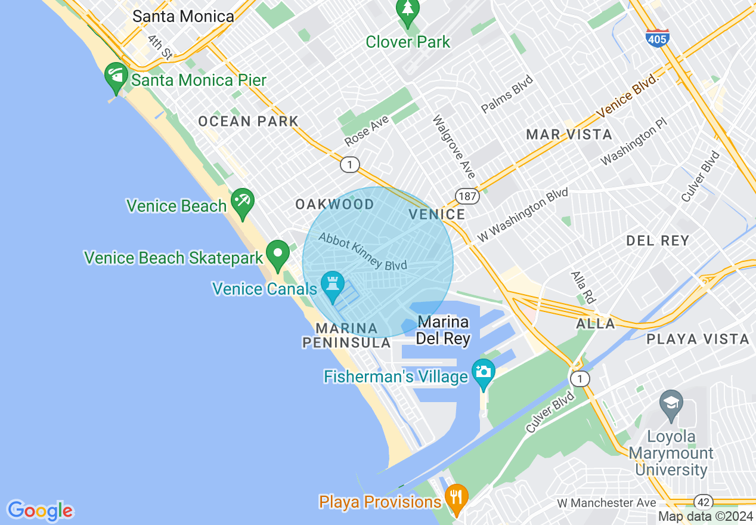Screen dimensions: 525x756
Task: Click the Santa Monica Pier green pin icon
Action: tap(116, 76)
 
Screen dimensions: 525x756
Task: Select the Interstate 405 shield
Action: tap(657, 36)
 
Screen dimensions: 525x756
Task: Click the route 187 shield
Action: tap(466, 196)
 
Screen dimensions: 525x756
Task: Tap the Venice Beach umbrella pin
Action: tap(243, 202)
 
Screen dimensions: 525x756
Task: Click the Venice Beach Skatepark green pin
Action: tap(277, 254)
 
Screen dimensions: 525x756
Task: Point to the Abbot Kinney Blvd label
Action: tap(362, 251)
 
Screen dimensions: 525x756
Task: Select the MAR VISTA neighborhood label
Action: tap(569, 134)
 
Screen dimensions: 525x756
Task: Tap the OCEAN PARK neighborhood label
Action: tap(248, 121)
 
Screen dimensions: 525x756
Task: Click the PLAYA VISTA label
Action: tap(698, 339)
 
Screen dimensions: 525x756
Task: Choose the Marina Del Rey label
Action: tap(443, 331)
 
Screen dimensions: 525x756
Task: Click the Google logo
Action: tap(40, 511)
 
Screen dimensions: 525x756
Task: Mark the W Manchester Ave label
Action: tap(606, 503)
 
